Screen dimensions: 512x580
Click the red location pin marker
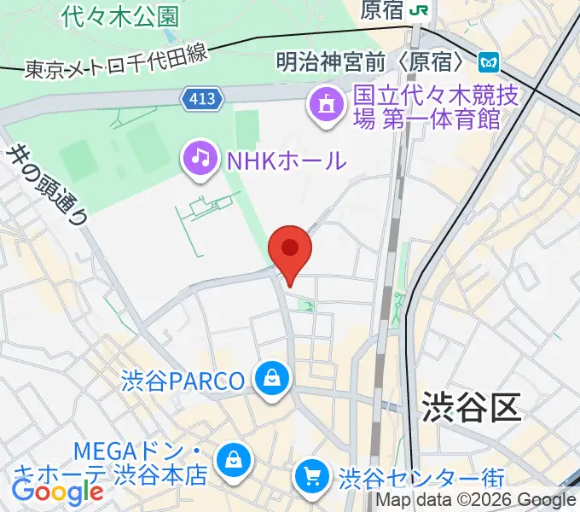click(x=290, y=249)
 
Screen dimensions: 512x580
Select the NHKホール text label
click(x=286, y=160)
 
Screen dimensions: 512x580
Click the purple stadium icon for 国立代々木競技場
click(x=325, y=106)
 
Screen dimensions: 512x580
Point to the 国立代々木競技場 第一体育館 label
click(x=426, y=106)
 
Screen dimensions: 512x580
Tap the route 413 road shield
click(x=204, y=100)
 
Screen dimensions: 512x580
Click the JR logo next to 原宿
click(x=418, y=9)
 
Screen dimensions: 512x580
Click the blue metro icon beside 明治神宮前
click(x=489, y=61)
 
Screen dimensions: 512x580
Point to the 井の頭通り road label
click(x=47, y=183)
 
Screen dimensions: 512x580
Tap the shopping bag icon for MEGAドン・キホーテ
click(x=231, y=462)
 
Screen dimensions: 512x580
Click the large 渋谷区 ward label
click(x=470, y=408)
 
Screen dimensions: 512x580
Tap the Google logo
click(x=56, y=492)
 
